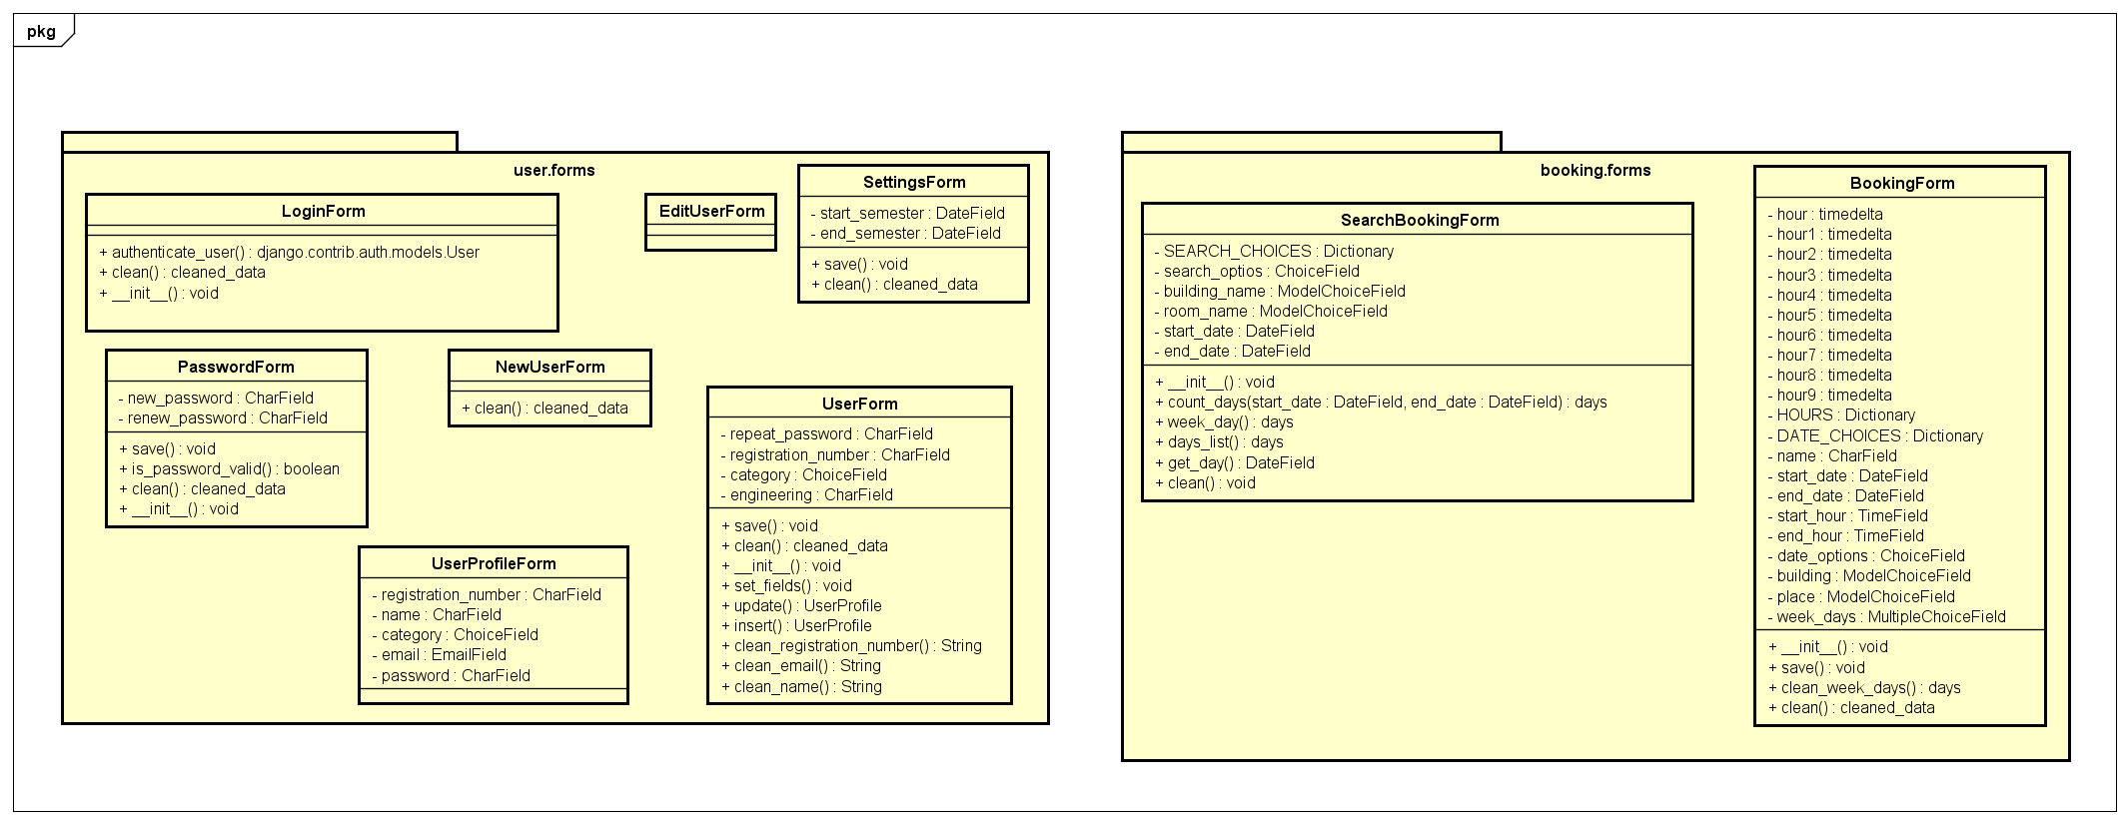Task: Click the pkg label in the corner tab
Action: point(41,31)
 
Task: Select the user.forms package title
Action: point(553,170)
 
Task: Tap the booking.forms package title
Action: point(1595,170)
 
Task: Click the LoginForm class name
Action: point(323,211)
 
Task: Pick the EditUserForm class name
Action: point(711,211)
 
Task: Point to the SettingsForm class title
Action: point(914,182)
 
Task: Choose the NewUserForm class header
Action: point(549,367)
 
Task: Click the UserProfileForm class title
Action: point(494,563)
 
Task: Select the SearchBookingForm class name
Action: point(1419,220)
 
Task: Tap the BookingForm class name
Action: point(1901,183)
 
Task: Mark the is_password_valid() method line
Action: point(230,468)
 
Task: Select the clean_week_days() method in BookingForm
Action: point(1864,687)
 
